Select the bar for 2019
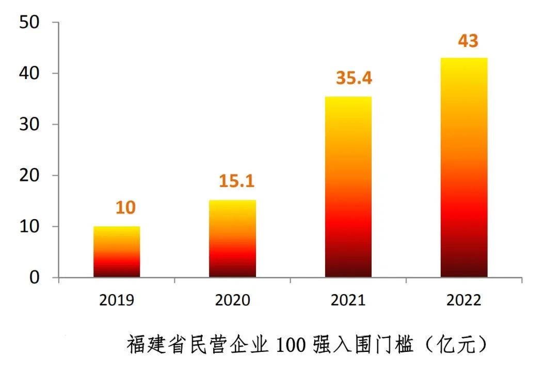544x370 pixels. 117,252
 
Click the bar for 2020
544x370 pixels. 232,239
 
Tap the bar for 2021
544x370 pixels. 348,187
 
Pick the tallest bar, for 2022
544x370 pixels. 464,168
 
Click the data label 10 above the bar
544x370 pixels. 125,208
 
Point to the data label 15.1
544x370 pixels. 237,181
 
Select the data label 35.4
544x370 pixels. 354,78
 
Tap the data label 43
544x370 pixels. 468,41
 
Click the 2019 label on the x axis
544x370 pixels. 117,300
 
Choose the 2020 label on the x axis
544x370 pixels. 232,300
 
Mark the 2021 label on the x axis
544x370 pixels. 348,300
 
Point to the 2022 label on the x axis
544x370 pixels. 464,300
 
